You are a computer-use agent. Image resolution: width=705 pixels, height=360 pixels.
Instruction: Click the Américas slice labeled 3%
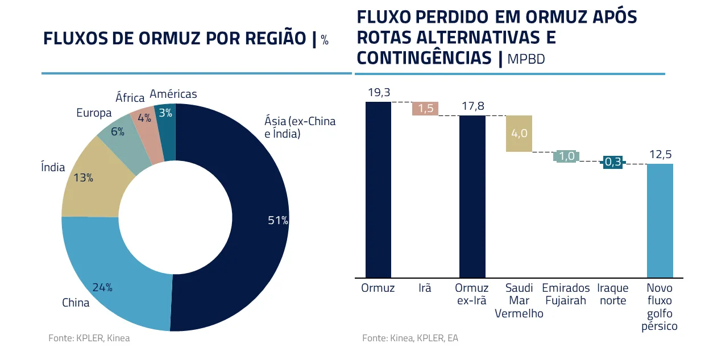point(165,114)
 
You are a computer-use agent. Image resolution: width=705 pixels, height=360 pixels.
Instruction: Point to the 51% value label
point(278,221)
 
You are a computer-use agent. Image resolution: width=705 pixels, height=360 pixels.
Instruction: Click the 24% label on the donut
point(102,287)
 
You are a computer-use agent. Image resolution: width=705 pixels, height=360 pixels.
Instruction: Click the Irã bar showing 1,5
point(425,109)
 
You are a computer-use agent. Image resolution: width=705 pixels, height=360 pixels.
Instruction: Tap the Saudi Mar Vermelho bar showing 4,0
point(519,134)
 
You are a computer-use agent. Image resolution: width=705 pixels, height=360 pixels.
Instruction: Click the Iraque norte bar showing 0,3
point(612,163)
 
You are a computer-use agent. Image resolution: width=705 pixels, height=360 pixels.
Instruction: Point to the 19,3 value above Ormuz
point(379,92)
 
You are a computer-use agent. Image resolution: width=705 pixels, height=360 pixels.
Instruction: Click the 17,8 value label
point(472,106)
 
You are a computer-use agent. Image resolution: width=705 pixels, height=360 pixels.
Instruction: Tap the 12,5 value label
point(660,155)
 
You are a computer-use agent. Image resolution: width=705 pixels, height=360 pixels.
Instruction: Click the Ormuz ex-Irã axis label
point(472,294)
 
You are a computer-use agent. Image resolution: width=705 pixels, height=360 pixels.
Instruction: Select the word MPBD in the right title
point(526,59)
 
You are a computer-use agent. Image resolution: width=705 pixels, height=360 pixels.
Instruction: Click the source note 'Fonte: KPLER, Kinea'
point(89,338)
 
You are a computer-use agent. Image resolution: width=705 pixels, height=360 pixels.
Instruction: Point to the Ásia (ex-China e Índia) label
point(300,127)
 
